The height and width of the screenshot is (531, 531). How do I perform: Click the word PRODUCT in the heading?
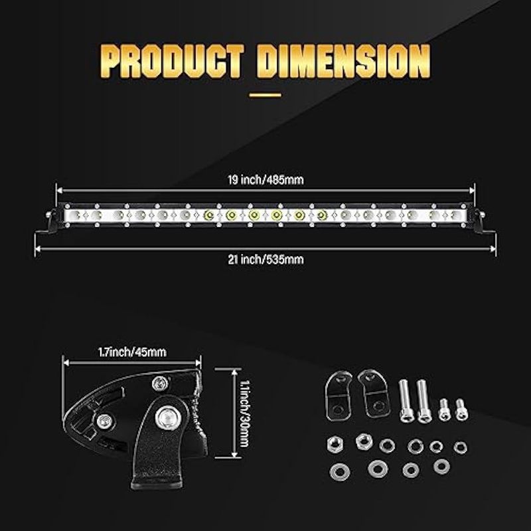[x=172, y=61]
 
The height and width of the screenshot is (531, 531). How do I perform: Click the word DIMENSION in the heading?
[x=343, y=61]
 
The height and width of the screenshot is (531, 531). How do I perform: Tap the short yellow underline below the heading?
[x=265, y=95]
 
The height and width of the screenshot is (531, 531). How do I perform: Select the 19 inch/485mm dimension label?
[x=265, y=180]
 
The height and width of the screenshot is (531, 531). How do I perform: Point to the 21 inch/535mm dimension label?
[x=265, y=260]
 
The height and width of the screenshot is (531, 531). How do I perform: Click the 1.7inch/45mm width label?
[x=132, y=352]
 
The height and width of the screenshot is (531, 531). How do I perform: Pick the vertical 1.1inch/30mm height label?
[x=244, y=414]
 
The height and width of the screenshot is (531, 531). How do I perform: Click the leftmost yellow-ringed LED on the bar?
[x=209, y=214]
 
